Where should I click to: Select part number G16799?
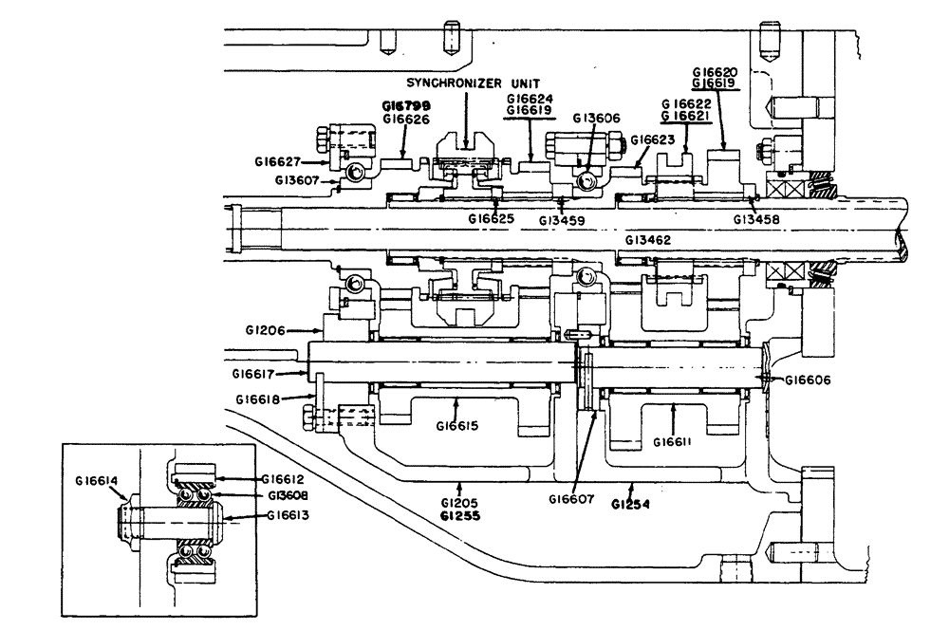pos(406,105)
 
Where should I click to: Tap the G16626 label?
pos(406,119)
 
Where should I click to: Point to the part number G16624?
pos(530,98)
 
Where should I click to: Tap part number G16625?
pos(492,219)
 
